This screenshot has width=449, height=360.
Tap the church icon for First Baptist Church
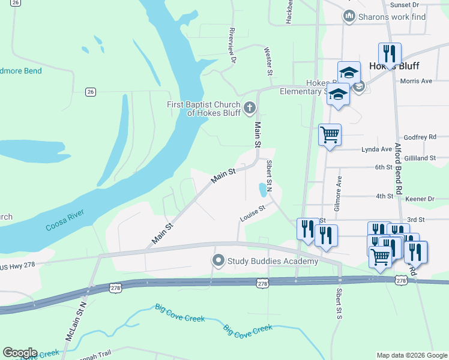pos(249,109)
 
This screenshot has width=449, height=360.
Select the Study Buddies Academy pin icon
pos(218,261)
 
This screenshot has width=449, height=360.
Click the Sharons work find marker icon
pos(349,16)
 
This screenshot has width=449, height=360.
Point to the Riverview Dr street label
pos(233,42)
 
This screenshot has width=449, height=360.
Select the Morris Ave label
pos(416,81)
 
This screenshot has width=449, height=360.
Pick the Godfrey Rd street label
pos(423,137)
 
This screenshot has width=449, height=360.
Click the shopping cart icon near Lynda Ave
pos(330,134)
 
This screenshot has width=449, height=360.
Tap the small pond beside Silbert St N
pos(263,190)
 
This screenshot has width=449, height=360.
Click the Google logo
pos(20,353)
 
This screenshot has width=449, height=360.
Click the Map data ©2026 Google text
pos(411,355)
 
